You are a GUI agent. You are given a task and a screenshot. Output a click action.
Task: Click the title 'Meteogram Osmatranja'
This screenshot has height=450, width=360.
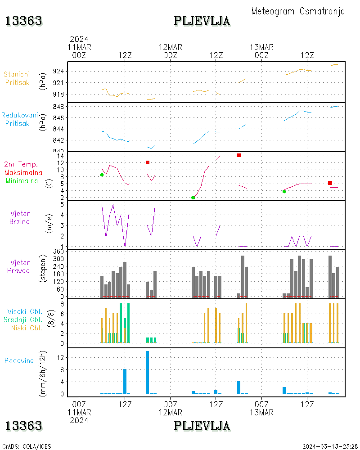tap(298, 11)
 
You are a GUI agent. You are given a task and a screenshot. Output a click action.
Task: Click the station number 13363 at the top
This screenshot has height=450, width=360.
tap(23, 21)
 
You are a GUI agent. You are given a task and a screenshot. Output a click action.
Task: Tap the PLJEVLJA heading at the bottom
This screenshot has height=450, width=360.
tap(202, 426)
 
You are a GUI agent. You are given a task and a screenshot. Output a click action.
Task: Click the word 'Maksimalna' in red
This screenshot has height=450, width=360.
tap(23, 172)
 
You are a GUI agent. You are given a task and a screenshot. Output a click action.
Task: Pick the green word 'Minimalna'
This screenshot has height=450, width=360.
tap(23, 180)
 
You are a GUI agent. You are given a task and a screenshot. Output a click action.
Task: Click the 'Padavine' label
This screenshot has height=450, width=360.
tap(19, 360)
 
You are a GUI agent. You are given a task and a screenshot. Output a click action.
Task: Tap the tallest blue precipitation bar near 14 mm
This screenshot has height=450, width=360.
tap(147, 372)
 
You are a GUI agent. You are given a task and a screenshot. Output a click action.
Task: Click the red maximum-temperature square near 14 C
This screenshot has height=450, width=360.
tap(238, 155)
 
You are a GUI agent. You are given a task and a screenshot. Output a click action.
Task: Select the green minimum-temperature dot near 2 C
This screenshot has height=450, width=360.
tap(193, 198)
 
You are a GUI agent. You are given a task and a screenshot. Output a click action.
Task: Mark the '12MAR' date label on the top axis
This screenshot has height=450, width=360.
tap(170, 47)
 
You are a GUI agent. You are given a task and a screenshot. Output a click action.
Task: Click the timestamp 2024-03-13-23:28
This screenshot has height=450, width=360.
tap(329, 446)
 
